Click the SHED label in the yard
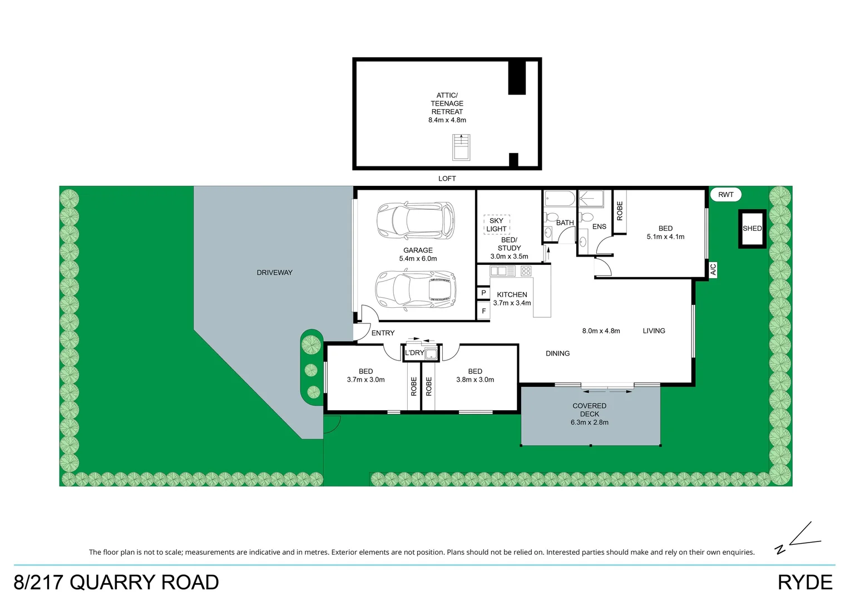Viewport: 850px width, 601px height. point(752,229)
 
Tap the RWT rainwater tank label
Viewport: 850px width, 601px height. point(725,195)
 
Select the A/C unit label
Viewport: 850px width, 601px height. point(713,269)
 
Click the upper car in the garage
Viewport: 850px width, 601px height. point(416,219)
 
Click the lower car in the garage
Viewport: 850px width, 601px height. point(416,289)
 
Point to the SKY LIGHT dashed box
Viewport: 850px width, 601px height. point(496,225)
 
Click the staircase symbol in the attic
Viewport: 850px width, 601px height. point(461,147)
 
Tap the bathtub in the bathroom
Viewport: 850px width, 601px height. point(559,199)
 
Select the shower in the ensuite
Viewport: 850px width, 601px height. point(595,199)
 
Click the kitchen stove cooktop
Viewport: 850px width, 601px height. point(526,271)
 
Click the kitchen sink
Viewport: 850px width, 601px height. point(502,271)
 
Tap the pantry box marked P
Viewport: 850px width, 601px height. point(483,293)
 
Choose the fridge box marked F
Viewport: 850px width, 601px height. point(483,311)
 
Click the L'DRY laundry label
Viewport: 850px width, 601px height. point(414,353)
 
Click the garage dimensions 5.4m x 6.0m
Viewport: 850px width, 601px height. point(418,259)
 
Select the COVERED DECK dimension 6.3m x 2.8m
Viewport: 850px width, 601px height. point(589,422)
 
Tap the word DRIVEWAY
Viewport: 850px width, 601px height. point(274,273)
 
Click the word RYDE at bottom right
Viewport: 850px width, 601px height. point(804,583)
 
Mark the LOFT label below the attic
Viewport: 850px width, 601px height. point(447,179)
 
